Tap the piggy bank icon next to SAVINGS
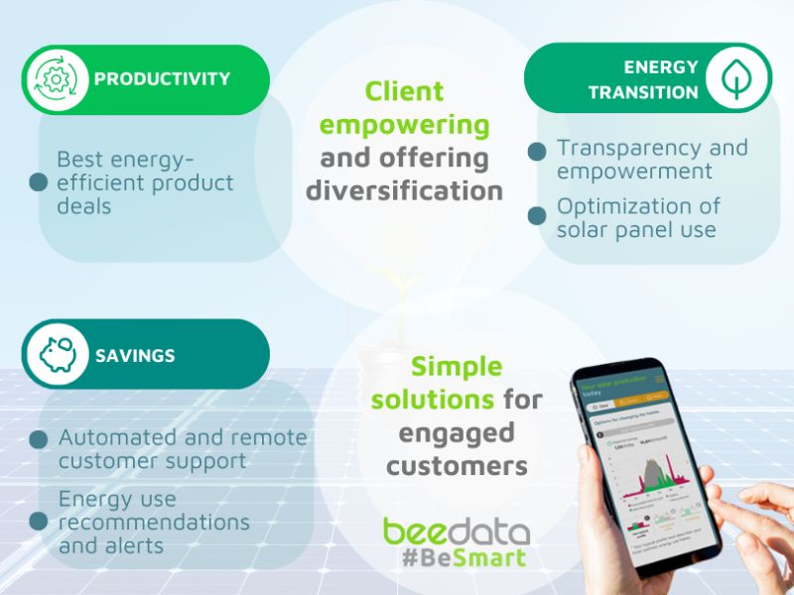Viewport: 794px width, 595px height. coord(58,354)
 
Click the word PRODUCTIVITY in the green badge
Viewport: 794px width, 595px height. coord(162,79)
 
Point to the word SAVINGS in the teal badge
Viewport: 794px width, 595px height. coord(135,355)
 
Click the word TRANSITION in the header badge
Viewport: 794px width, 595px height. coord(643,93)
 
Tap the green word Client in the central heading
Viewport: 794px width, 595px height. coord(404,92)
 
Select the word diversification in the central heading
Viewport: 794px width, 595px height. coord(404,190)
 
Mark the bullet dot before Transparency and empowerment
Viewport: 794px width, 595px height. coord(537,152)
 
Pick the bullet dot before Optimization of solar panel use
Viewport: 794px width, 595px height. coord(537,212)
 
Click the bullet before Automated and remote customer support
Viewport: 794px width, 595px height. coord(39,439)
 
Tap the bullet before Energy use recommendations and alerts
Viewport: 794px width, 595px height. coord(39,522)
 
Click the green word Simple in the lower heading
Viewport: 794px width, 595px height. coord(457,367)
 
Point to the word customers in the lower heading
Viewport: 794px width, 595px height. coord(457,466)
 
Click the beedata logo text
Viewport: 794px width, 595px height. coord(456,532)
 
